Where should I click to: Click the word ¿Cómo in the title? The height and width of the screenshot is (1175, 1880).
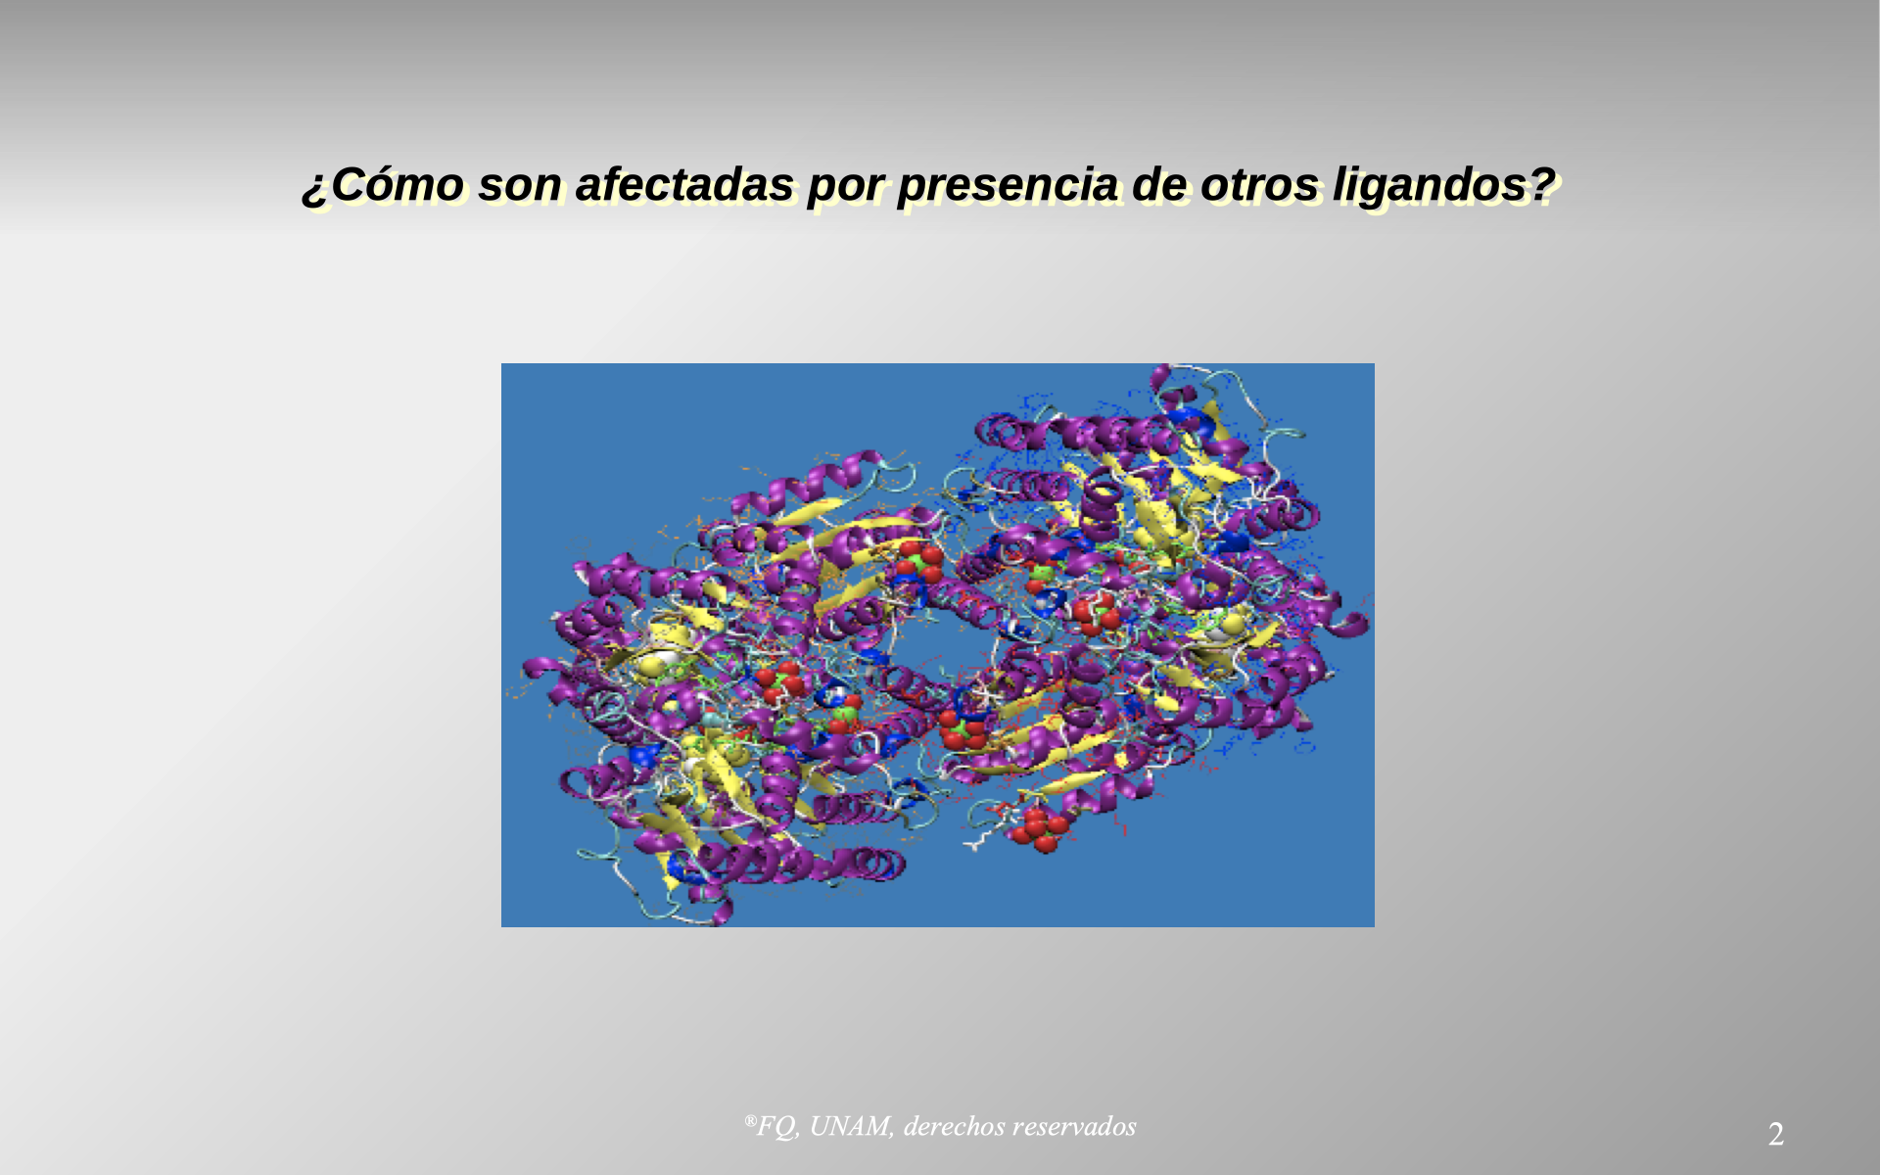(383, 184)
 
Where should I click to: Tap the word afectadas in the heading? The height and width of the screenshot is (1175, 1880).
(683, 184)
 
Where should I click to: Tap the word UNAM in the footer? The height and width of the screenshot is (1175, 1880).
(851, 1126)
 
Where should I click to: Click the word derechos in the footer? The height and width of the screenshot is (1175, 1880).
(954, 1126)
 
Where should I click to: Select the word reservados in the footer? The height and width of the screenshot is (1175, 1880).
(1074, 1126)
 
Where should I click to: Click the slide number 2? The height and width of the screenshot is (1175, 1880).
(1775, 1135)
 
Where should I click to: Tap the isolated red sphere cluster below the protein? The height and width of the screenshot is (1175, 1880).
(1040, 828)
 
